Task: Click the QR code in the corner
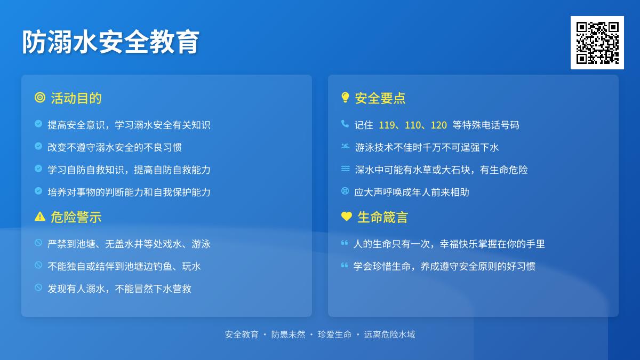(597, 43)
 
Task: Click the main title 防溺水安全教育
(110, 42)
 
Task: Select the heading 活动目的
(76, 98)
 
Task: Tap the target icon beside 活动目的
(40, 98)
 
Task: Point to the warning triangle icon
(40, 217)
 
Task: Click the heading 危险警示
(76, 217)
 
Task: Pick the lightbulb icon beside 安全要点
(345, 98)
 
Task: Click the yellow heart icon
(347, 216)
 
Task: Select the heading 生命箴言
(382, 217)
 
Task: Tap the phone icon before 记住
(345, 124)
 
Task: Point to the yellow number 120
(438, 125)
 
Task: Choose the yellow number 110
(413, 125)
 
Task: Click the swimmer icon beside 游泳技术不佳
(345, 146)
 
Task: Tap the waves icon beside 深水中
(345, 169)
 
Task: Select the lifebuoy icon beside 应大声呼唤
(345, 190)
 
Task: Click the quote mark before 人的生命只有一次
(345, 243)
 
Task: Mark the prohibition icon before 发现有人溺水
(38, 287)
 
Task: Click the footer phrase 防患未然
(289, 334)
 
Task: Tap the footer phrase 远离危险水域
(389, 334)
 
